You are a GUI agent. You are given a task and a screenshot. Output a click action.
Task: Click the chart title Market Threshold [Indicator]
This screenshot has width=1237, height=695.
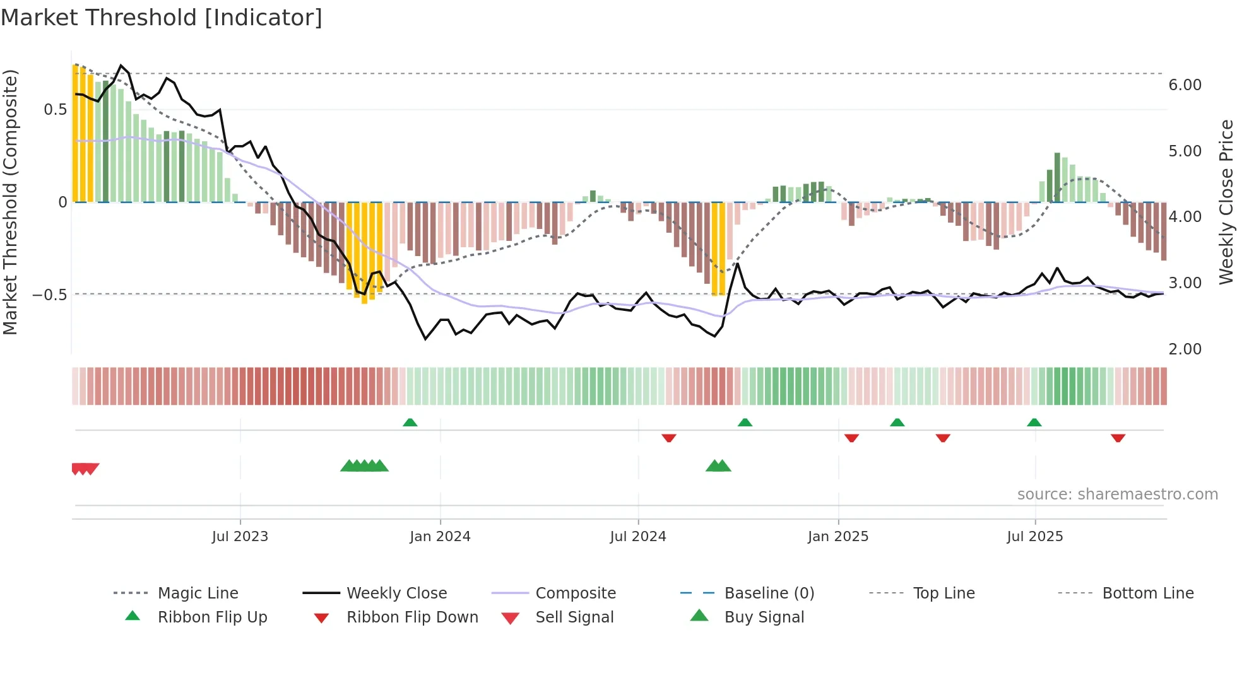click(162, 18)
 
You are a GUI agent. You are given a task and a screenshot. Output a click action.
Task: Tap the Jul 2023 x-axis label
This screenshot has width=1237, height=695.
click(240, 537)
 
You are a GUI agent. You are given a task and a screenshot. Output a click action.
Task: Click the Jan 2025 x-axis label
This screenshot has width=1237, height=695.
click(838, 537)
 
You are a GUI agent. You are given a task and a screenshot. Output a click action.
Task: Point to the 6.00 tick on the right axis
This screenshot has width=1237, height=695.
click(1185, 85)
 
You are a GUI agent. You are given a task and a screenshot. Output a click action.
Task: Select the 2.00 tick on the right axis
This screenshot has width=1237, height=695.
click(1185, 349)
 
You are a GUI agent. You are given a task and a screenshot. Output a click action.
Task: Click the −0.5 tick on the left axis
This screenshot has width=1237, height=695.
click(49, 295)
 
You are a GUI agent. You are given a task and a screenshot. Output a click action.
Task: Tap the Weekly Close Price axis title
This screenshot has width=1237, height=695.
click(1226, 202)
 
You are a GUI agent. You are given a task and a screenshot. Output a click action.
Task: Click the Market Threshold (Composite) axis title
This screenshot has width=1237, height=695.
click(10, 202)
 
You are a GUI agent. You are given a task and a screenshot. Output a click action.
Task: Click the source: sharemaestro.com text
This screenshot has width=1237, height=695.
click(1117, 494)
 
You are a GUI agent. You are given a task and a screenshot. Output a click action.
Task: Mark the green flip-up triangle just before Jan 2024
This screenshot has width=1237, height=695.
click(410, 423)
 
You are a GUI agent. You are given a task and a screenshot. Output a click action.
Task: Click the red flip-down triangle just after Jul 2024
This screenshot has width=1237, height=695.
click(669, 438)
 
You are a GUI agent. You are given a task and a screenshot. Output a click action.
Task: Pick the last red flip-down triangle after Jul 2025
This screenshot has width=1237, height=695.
click(1118, 438)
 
